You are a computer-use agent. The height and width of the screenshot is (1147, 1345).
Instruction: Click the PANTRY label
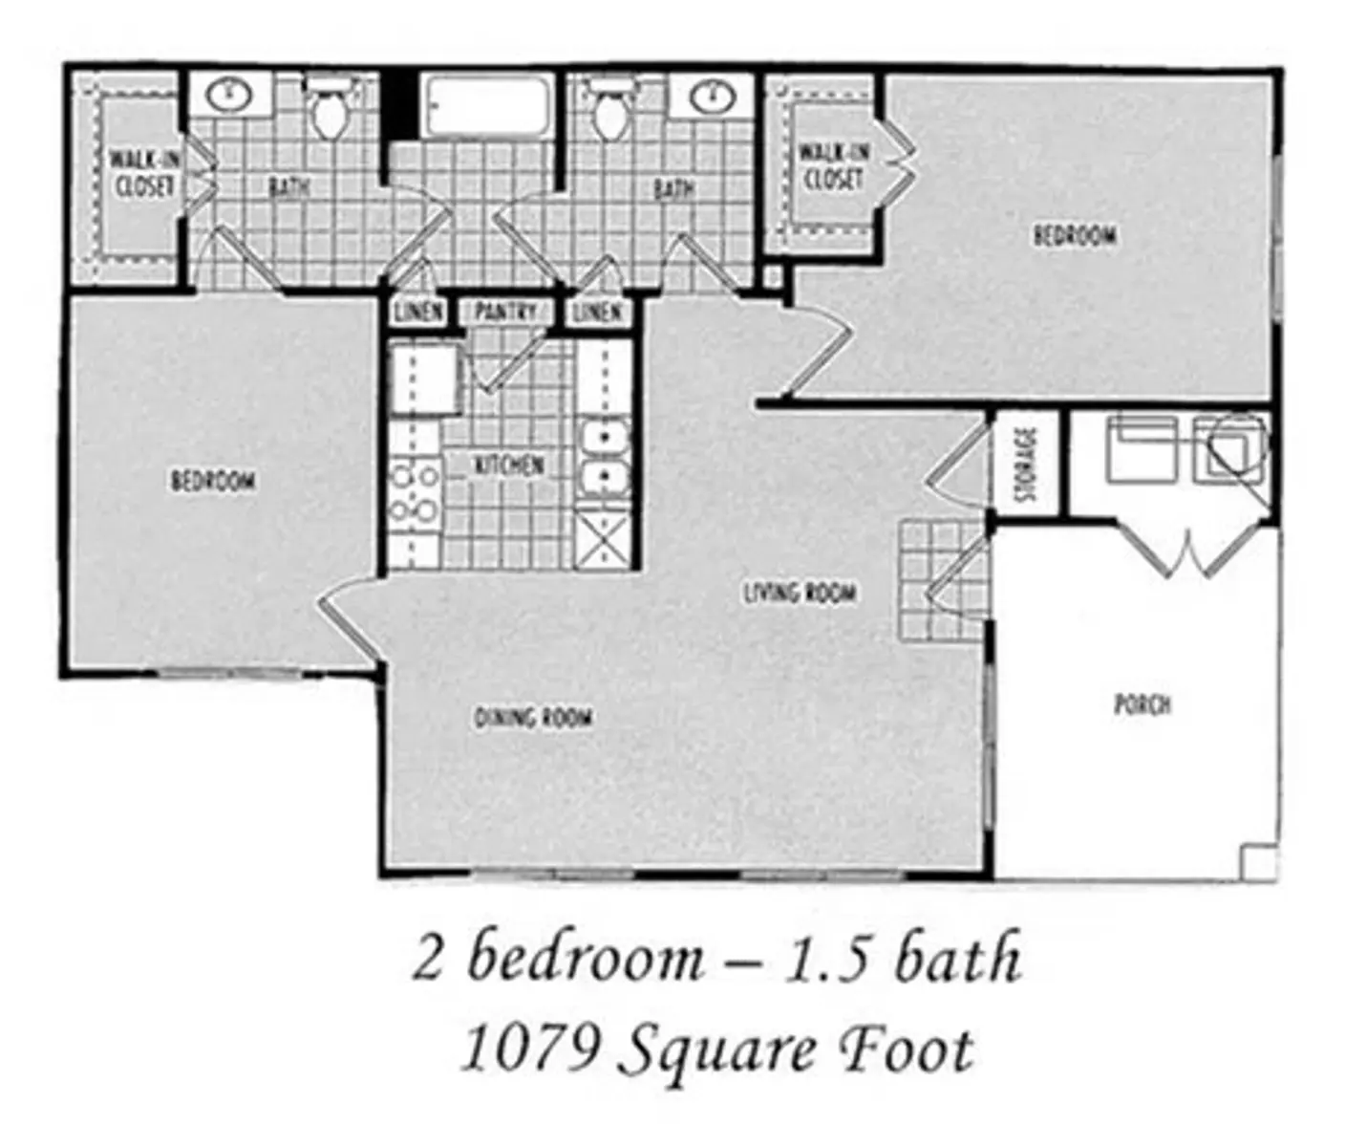[505, 312]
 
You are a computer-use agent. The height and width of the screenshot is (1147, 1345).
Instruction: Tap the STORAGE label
[1027, 464]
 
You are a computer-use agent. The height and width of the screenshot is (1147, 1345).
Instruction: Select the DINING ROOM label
[534, 718]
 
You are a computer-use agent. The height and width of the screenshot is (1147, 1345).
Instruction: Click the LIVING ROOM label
[800, 593]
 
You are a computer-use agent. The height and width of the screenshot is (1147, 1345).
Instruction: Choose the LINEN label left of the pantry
[419, 312]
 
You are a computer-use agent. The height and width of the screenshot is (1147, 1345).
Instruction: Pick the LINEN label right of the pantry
[598, 313]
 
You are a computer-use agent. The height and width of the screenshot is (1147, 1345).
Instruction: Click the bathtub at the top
[487, 106]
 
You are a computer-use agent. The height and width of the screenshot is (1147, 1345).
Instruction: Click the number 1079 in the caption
[529, 1050]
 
